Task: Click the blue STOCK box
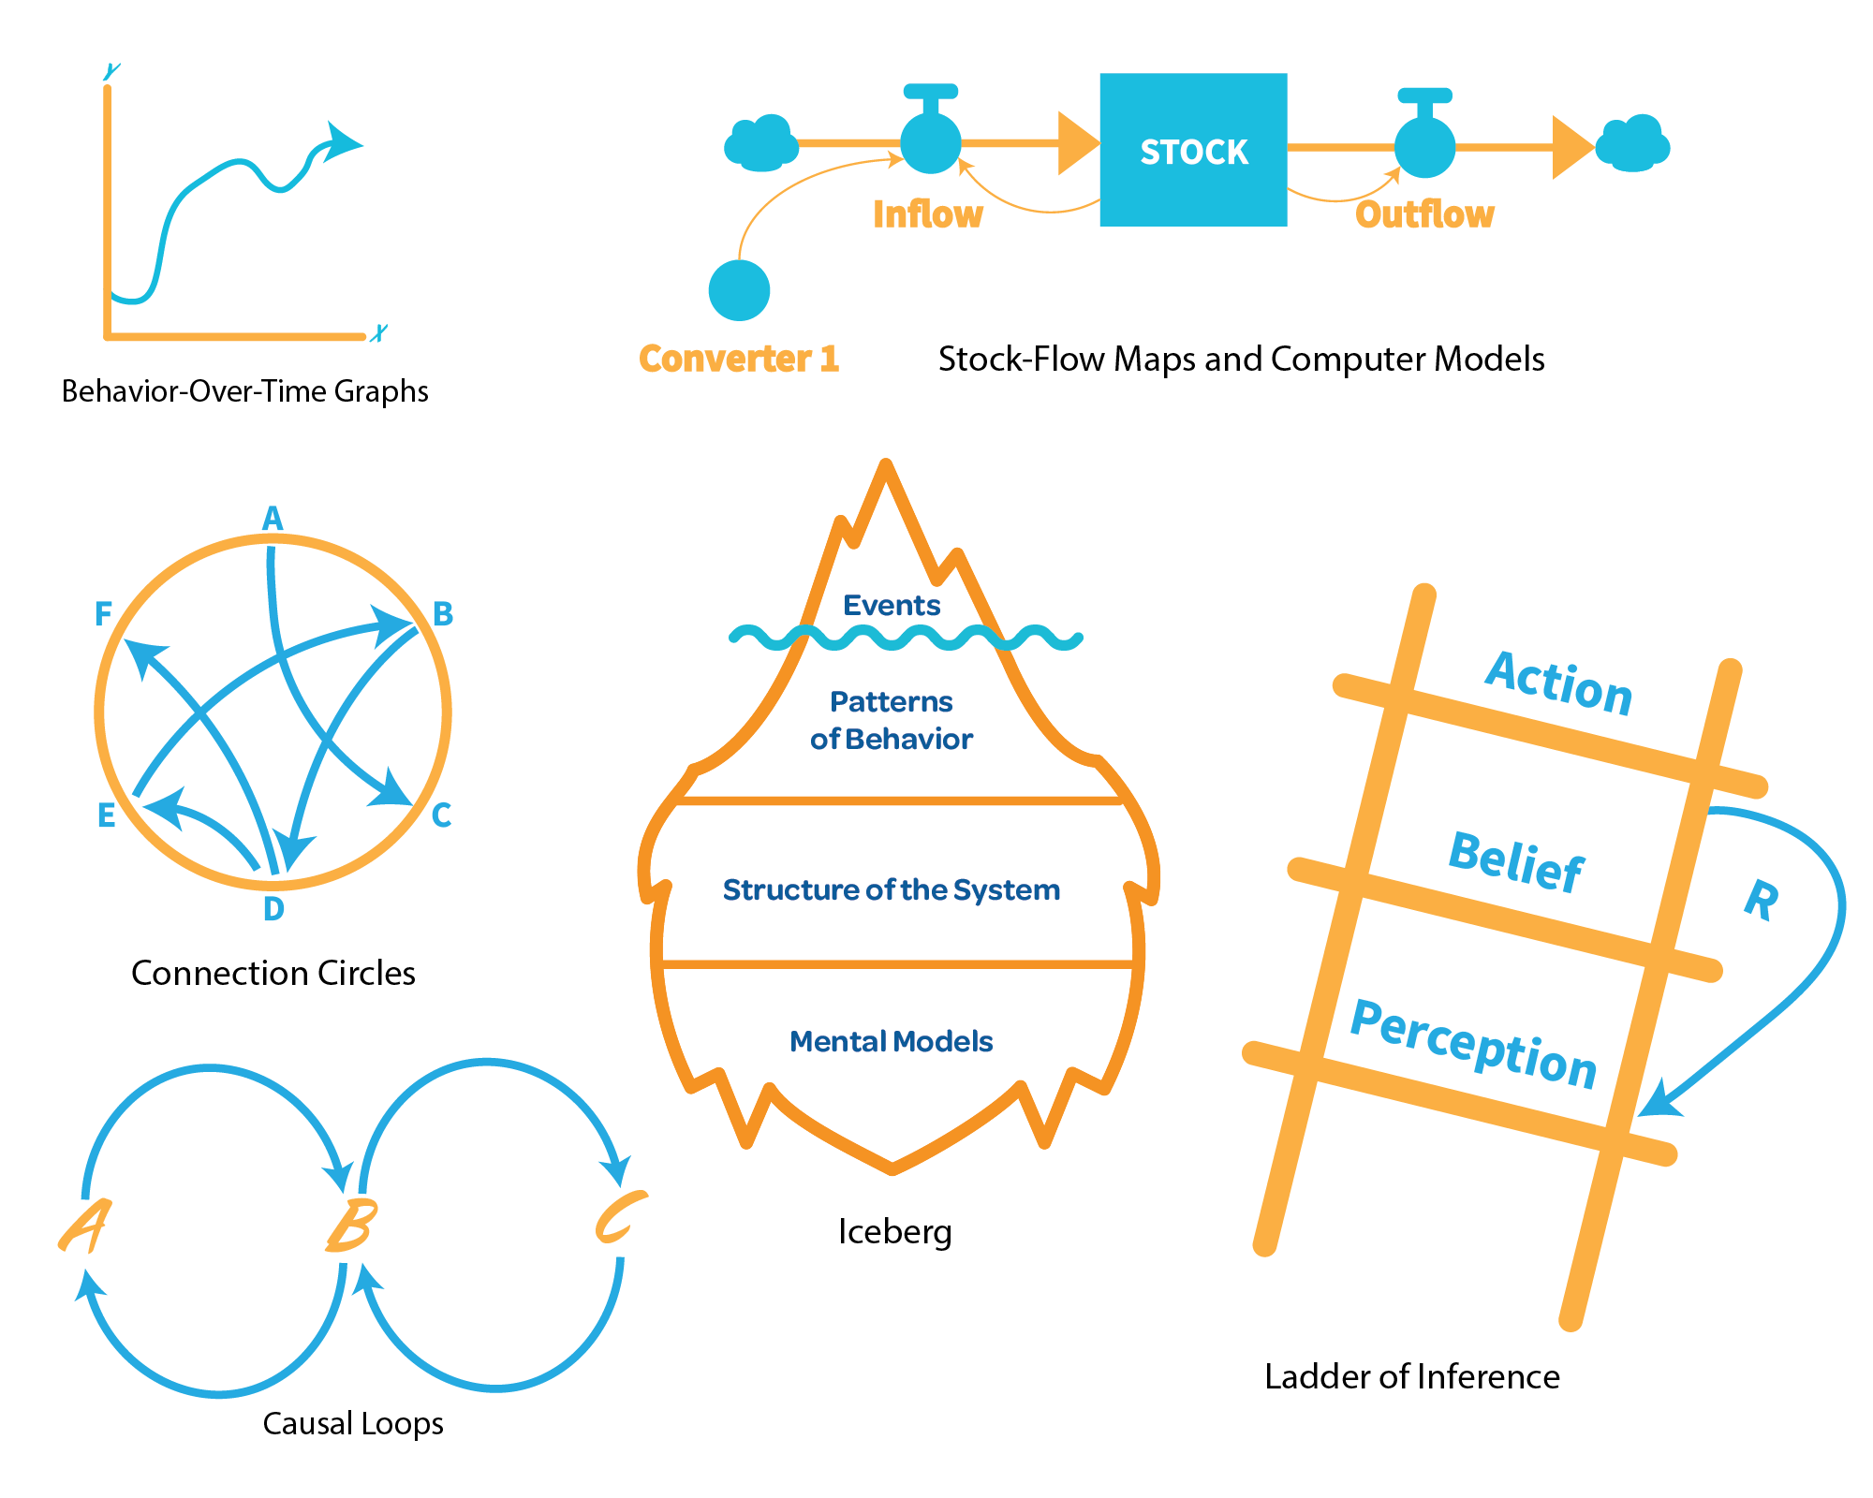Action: [x=1193, y=150]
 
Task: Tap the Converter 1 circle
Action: [x=739, y=290]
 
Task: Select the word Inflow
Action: [x=927, y=214]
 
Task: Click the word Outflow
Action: [x=1424, y=214]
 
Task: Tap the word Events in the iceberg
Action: [x=892, y=605]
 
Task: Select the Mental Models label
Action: [x=891, y=1041]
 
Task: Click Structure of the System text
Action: [x=891, y=889]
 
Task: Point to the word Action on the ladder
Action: [x=1559, y=683]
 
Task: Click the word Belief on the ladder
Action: [x=1516, y=861]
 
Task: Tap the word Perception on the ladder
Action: [x=1473, y=1043]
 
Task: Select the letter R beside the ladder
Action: [x=1762, y=900]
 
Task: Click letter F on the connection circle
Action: [x=103, y=614]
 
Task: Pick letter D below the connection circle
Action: [x=273, y=908]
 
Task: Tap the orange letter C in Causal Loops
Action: [x=619, y=1217]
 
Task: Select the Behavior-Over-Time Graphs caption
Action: [x=244, y=390]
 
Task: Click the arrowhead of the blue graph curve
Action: [x=341, y=141]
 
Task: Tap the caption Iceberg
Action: [x=894, y=1231]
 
